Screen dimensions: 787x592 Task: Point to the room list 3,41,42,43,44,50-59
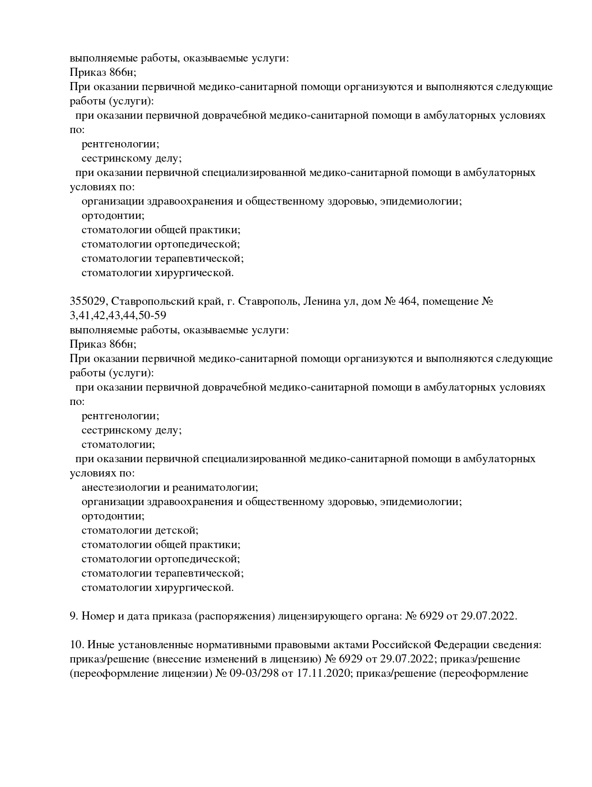pyautogui.click(x=118, y=316)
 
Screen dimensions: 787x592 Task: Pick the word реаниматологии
pyautogui.click(x=214, y=487)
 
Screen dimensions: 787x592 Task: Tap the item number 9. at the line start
pyautogui.click(x=74, y=616)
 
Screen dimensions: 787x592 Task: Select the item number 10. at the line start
pyautogui.click(x=76, y=645)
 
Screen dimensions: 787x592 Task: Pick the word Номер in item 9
pyautogui.click(x=97, y=616)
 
